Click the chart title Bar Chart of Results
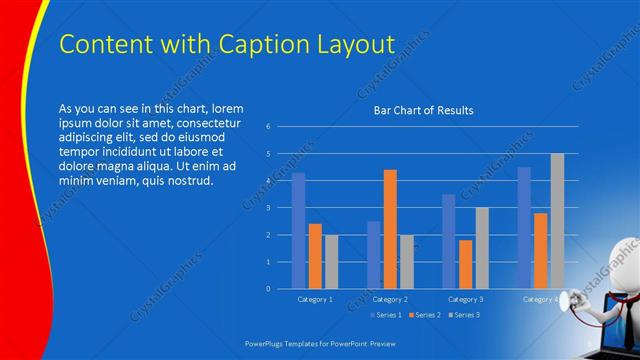[423, 110]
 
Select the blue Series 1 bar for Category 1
[298, 231]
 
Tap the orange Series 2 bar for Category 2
[390, 229]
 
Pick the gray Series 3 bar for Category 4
[557, 221]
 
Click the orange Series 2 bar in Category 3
[465, 264]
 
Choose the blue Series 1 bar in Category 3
[449, 241]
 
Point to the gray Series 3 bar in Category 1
[331, 261]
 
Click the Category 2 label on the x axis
[391, 299]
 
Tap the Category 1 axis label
[316, 299]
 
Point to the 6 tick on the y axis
[268, 127]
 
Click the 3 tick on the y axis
[268, 208]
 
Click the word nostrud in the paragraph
[187, 180]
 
